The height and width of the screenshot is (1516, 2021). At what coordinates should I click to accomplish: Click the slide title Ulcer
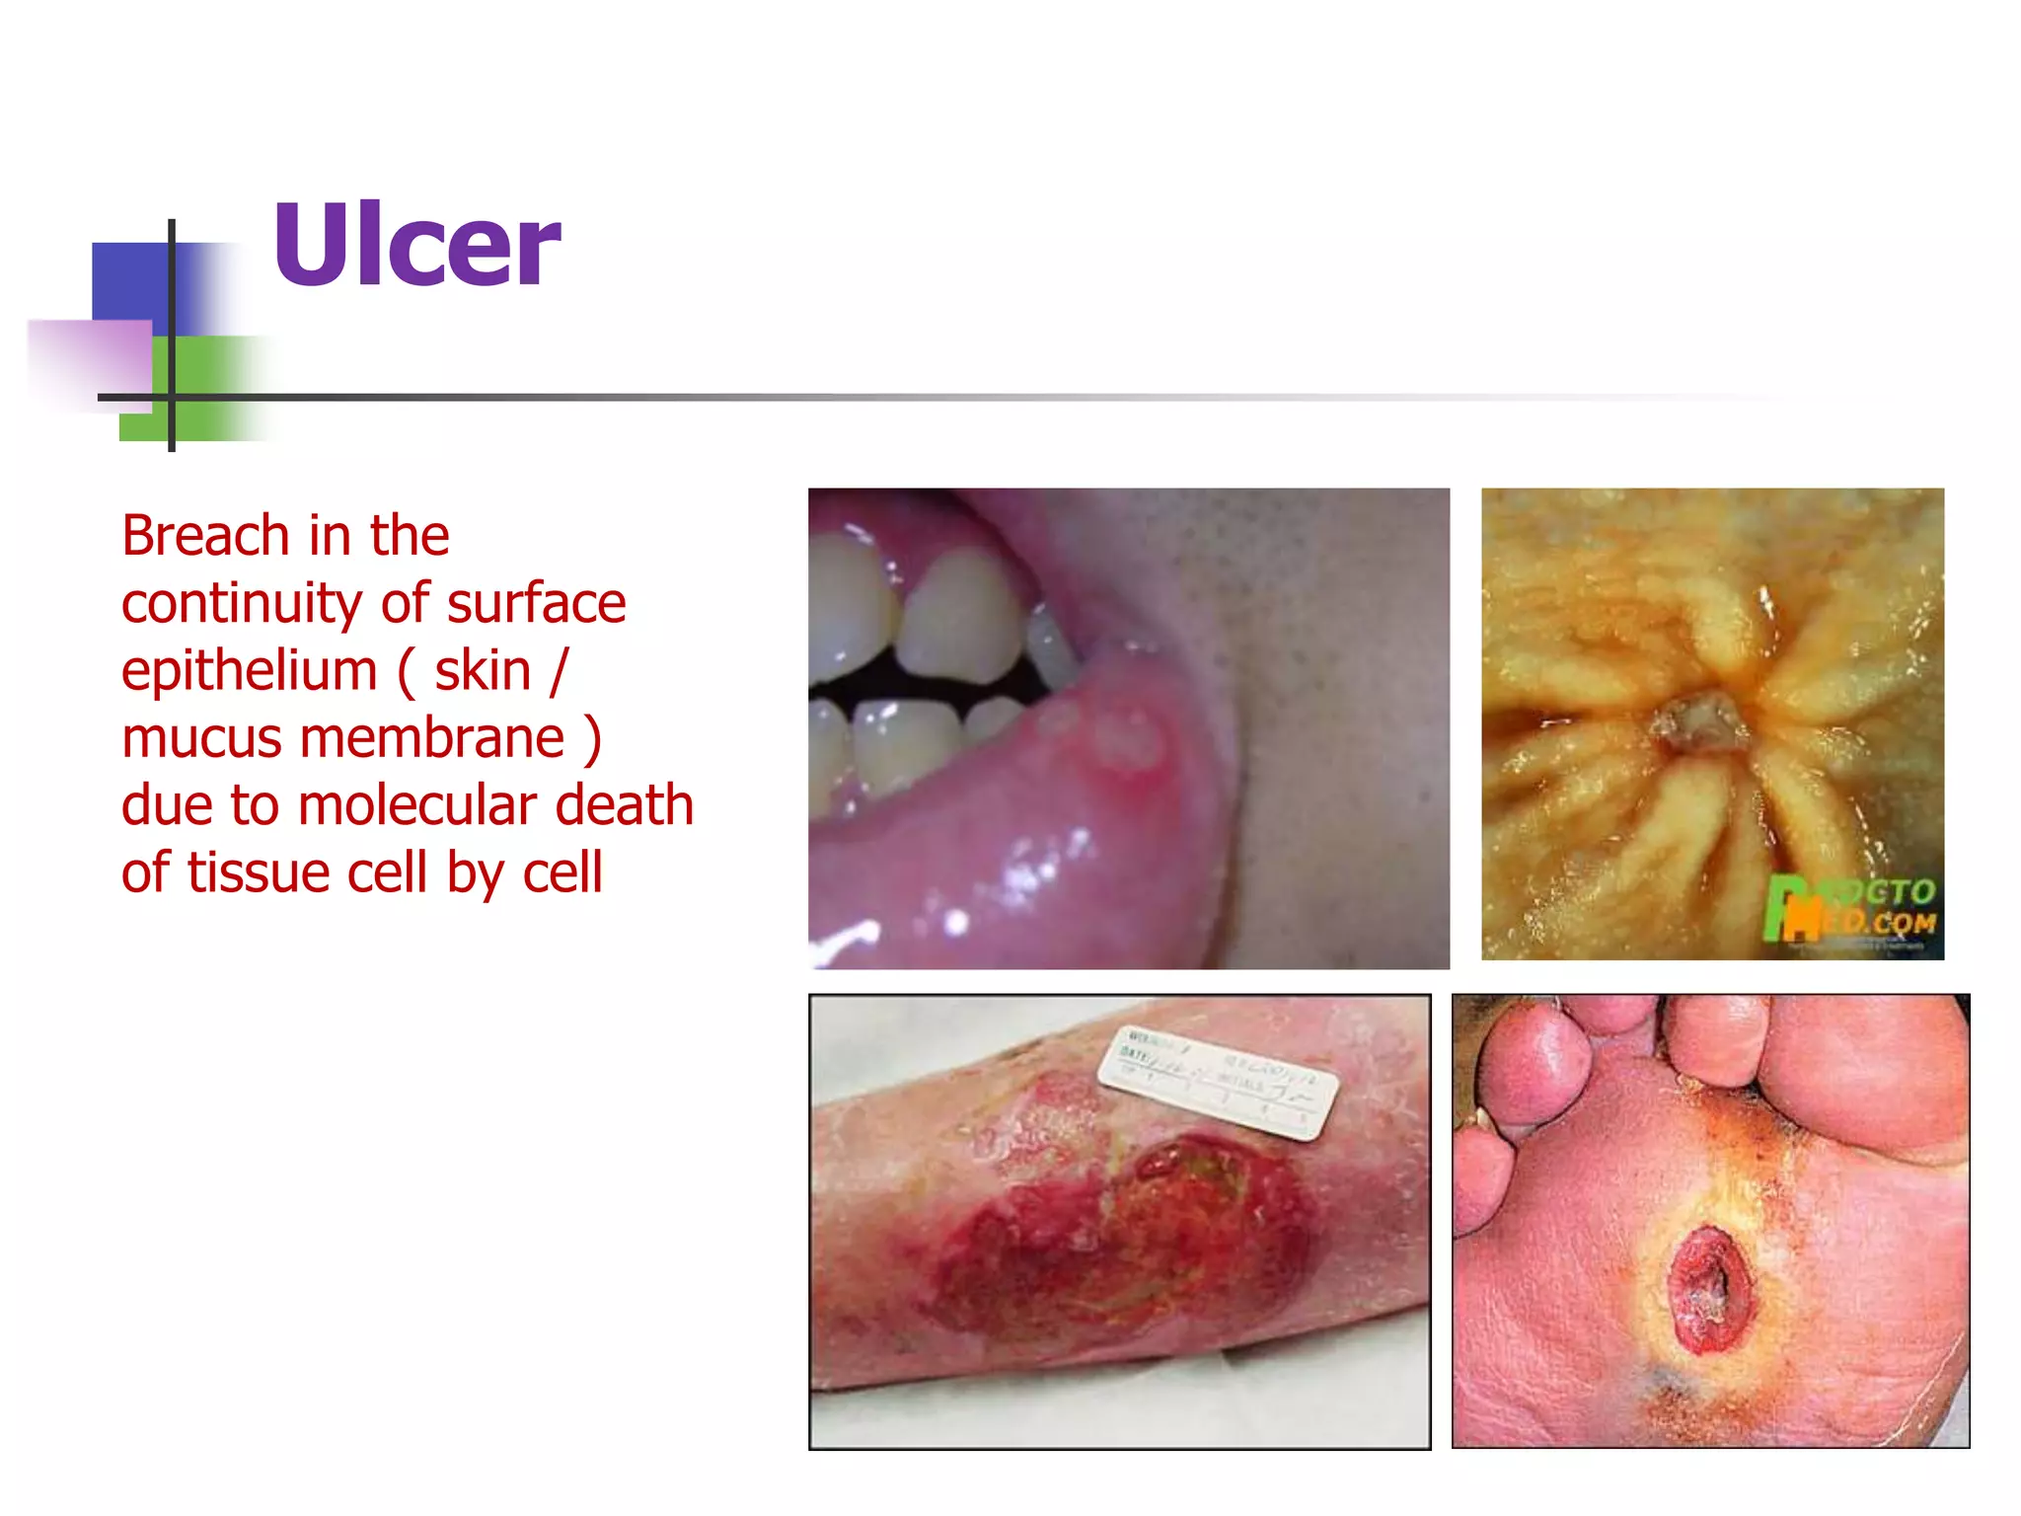(416, 245)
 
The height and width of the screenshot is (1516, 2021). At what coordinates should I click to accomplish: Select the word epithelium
(249, 671)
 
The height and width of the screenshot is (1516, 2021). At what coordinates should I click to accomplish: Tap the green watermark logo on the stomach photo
(1849, 909)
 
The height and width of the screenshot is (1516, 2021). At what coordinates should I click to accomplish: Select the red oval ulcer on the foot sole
(1710, 1289)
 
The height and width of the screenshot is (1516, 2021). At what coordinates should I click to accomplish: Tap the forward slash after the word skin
(559, 671)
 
